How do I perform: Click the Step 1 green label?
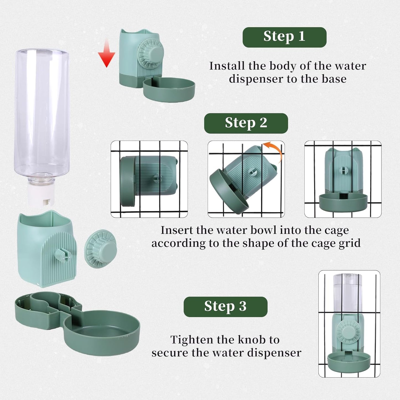284,37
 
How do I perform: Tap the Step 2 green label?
246,123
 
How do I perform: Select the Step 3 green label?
225,307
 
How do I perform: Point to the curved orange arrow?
274,151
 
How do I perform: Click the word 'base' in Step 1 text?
334,79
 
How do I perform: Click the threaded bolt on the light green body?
63,254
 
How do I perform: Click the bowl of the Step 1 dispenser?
169,89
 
